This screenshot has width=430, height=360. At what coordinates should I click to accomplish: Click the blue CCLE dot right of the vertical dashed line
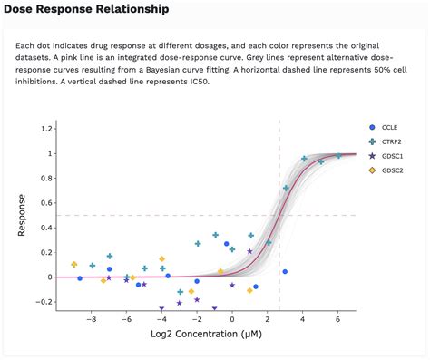(285, 271)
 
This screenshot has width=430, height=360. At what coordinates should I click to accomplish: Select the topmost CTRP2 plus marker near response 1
(337, 156)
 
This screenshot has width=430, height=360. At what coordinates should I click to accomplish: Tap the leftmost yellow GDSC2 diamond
(74, 265)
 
